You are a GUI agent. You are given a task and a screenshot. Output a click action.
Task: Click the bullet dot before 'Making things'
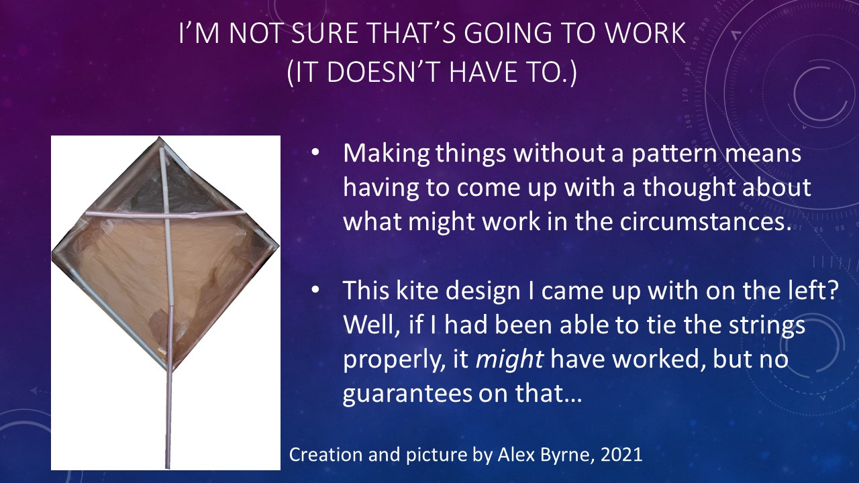point(315,152)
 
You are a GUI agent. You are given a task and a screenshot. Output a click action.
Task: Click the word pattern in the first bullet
point(674,154)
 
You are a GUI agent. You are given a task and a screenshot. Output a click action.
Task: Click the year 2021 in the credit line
point(621,455)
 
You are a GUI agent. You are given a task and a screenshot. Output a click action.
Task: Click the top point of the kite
point(160,138)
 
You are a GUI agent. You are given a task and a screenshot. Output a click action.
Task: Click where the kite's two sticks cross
point(167,217)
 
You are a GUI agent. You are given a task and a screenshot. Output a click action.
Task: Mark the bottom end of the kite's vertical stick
point(168,466)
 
